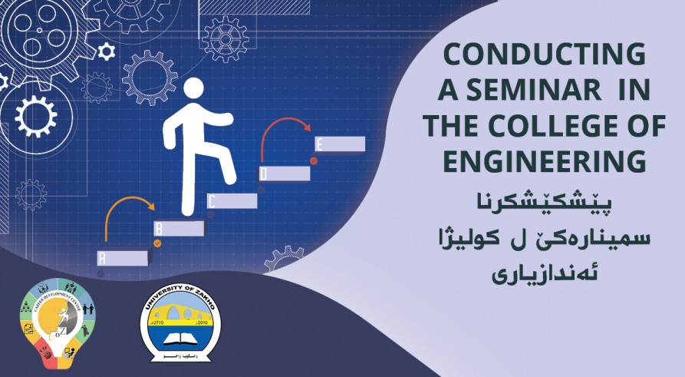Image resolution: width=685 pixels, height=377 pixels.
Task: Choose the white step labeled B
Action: (179, 229)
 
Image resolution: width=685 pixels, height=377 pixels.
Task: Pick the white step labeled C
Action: (232, 201)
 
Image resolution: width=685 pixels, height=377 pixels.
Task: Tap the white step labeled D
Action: (285, 174)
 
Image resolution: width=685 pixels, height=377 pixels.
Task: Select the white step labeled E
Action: (340, 144)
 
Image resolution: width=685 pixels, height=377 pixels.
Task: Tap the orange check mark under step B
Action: (158, 243)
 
